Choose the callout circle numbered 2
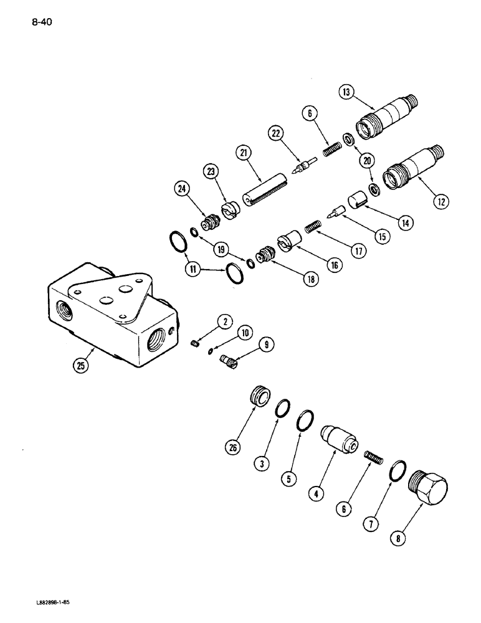coord(225,321)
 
